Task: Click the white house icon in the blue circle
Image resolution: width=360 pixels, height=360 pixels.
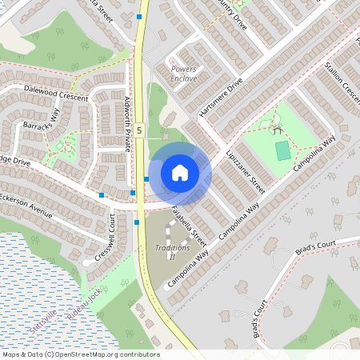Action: click(x=179, y=172)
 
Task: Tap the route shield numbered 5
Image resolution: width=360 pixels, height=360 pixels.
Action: click(x=139, y=130)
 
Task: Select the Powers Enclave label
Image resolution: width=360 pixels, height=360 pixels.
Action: click(x=183, y=73)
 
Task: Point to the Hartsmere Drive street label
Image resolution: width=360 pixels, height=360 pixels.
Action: click(x=221, y=98)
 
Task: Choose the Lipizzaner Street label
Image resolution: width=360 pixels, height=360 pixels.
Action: click(x=245, y=170)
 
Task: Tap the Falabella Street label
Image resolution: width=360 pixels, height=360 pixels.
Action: click(x=189, y=226)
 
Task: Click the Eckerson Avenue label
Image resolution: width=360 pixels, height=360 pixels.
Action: click(x=26, y=205)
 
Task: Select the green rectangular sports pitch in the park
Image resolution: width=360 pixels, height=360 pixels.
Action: click(x=282, y=150)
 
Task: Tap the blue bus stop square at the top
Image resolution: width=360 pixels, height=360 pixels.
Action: click(x=140, y=16)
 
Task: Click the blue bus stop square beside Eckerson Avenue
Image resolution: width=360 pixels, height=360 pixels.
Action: click(x=102, y=195)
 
